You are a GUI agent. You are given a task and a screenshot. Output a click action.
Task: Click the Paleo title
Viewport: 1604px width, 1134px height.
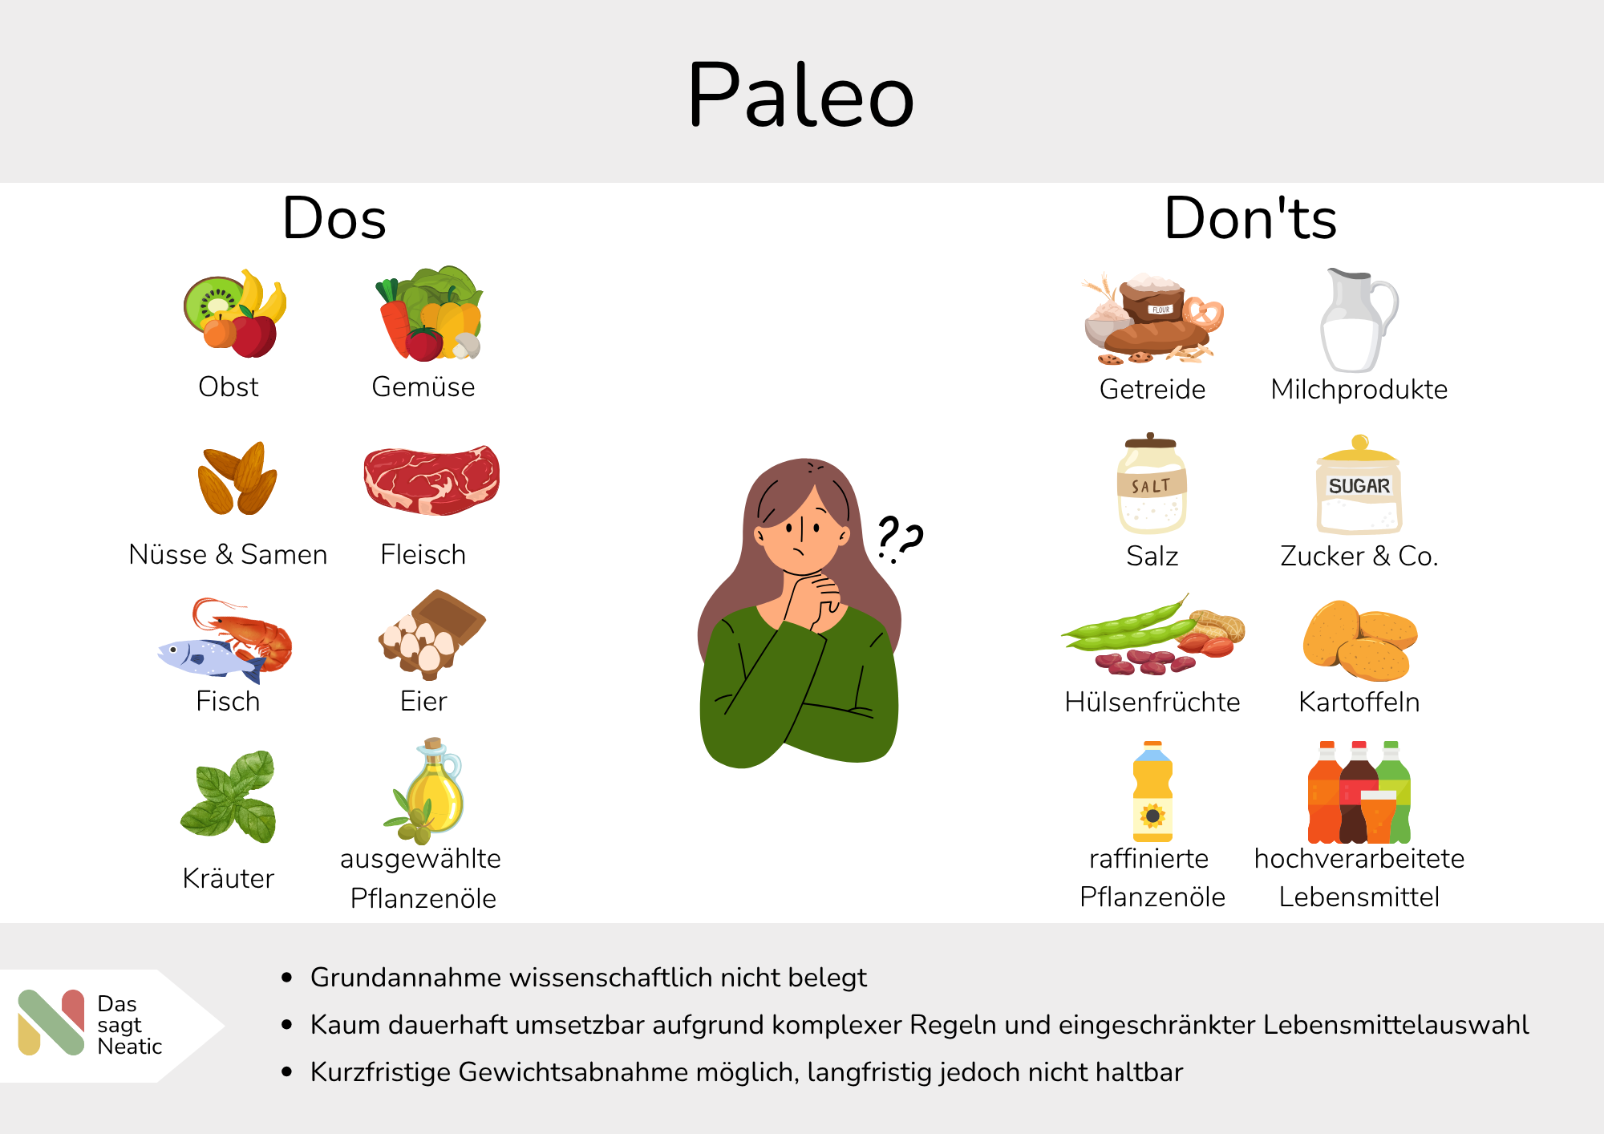pos(800,95)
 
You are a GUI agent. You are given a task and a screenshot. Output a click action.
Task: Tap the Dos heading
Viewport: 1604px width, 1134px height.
pos(334,218)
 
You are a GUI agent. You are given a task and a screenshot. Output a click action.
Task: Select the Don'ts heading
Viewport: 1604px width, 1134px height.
pos(1250,218)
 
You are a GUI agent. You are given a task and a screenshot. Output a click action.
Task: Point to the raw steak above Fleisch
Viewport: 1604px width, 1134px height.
pos(431,480)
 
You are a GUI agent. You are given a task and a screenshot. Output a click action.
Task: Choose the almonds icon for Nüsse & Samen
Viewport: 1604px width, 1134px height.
pos(237,479)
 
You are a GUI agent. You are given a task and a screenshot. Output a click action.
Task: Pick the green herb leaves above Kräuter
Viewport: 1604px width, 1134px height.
pos(229,797)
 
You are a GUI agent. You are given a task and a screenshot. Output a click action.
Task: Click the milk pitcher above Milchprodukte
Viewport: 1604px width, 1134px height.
pos(1358,321)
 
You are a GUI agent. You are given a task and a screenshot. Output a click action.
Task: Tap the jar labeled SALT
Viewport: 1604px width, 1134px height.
pos(1152,484)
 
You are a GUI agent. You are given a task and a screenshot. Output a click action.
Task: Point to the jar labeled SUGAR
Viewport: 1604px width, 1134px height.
pos(1359,485)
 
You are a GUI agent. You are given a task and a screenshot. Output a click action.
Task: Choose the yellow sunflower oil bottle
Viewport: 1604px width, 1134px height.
pos(1152,792)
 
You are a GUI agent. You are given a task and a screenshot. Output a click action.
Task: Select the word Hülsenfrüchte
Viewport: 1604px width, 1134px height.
pos(1152,702)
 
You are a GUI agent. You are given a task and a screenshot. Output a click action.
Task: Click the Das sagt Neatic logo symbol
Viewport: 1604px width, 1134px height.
pos(51,1023)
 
